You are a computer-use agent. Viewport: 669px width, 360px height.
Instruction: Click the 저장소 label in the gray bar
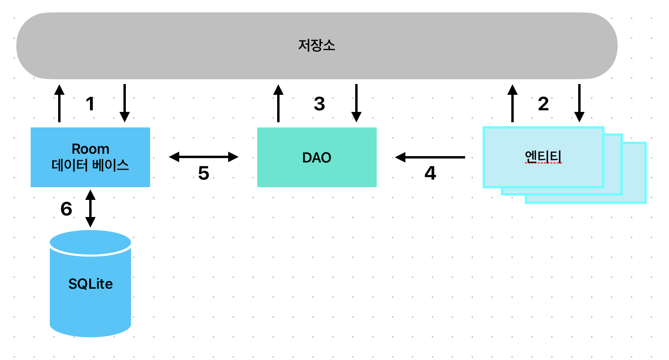pyautogui.click(x=317, y=45)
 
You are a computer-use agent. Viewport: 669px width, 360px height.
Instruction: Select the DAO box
pyautogui.click(x=317, y=157)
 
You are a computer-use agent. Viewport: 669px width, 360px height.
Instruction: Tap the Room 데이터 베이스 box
pyautogui.click(x=90, y=157)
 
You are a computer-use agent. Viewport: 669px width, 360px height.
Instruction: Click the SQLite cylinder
pyautogui.click(x=90, y=284)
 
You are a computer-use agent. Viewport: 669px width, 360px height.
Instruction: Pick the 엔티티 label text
pyautogui.click(x=543, y=157)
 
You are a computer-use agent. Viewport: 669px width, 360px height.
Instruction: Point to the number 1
pyautogui.click(x=90, y=104)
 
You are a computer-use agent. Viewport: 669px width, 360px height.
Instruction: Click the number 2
pyautogui.click(x=543, y=104)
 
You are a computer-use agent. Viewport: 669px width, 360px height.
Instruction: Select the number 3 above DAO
pyautogui.click(x=319, y=104)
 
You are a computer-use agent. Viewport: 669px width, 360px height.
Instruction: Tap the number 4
pyautogui.click(x=430, y=173)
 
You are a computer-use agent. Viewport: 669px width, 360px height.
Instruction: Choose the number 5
pyautogui.click(x=203, y=173)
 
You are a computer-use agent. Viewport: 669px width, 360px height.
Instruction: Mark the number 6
pyautogui.click(x=66, y=209)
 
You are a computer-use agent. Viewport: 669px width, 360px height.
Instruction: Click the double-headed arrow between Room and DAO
pyautogui.click(x=203, y=157)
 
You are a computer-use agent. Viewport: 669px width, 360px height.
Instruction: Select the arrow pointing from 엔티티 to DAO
pyautogui.click(x=430, y=157)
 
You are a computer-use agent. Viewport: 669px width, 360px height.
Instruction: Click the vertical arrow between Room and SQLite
pyautogui.click(x=90, y=208)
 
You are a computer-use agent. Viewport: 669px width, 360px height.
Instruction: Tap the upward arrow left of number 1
pyautogui.click(x=59, y=103)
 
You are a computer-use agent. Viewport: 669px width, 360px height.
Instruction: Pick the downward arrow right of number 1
pyautogui.click(x=125, y=103)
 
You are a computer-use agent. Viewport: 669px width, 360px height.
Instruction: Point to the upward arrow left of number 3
pyautogui.click(x=278, y=103)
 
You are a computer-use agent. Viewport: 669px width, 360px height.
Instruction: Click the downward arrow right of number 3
pyautogui.click(x=356, y=103)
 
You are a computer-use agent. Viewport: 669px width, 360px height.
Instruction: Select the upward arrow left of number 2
pyautogui.click(x=513, y=103)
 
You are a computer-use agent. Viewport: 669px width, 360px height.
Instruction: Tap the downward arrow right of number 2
pyautogui.click(x=579, y=103)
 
